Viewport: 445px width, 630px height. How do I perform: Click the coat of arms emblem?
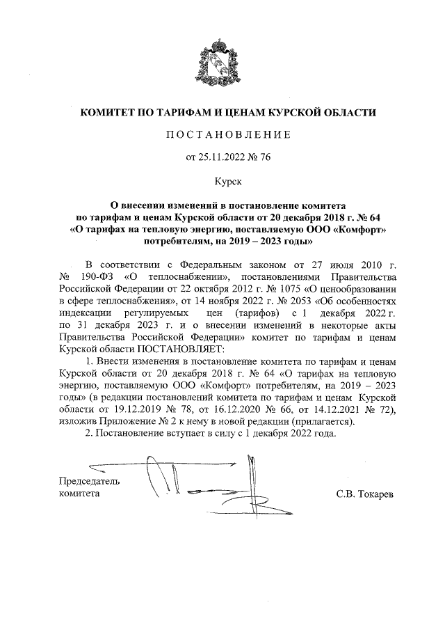coord(222,63)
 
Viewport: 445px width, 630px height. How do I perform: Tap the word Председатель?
coord(88,480)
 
